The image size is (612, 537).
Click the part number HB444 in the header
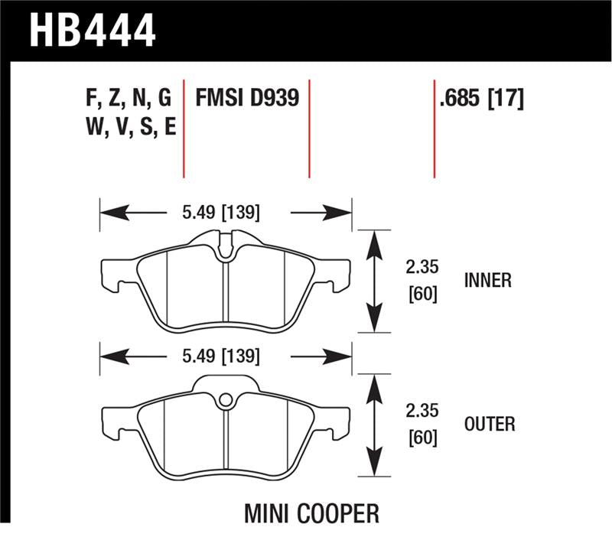pos(92,31)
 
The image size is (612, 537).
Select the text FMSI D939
pos(246,99)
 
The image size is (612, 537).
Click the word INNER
pos(487,281)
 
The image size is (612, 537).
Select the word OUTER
pos(489,424)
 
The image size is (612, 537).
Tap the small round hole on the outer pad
pos(225,399)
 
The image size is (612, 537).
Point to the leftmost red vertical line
pos(184,127)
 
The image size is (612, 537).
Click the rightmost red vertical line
pos(434,127)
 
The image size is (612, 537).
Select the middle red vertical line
pos(309,127)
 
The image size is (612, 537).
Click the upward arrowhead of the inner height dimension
pos(374,243)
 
